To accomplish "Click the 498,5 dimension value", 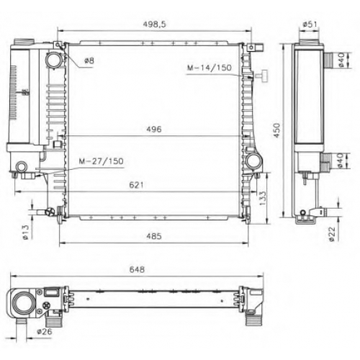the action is (x=154, y=24).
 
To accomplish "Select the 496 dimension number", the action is (x=154, y=130).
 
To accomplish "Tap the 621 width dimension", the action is (x=136, y=185).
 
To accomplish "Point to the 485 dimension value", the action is (x=154, y=236).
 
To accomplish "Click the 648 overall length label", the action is (x=137, y=269).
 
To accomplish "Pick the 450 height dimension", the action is (x=277, y=130).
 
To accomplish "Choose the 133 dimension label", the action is (x=263, y=198).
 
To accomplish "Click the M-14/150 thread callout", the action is (x=210, y=68).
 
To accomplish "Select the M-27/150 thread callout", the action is (x=102, y=161).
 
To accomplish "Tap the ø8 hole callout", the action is (x=89, y=60).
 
